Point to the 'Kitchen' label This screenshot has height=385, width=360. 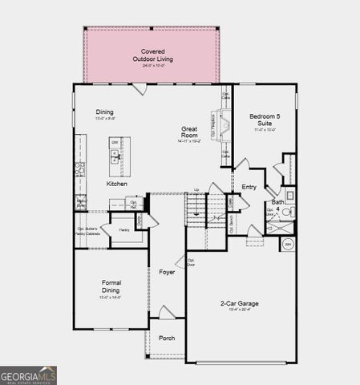[x=117, y=184]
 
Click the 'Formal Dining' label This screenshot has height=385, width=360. [x=111, y=287]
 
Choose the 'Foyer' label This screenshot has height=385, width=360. [x=167, y=273]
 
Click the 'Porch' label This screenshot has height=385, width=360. [x=167, y=338]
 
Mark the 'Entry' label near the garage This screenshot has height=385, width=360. [x=249, y=186]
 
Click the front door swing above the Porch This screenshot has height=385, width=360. [x=165, y=313]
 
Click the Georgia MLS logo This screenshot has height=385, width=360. [x=28, y=375]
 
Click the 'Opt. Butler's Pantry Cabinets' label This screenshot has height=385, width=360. [x=87, y=232]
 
